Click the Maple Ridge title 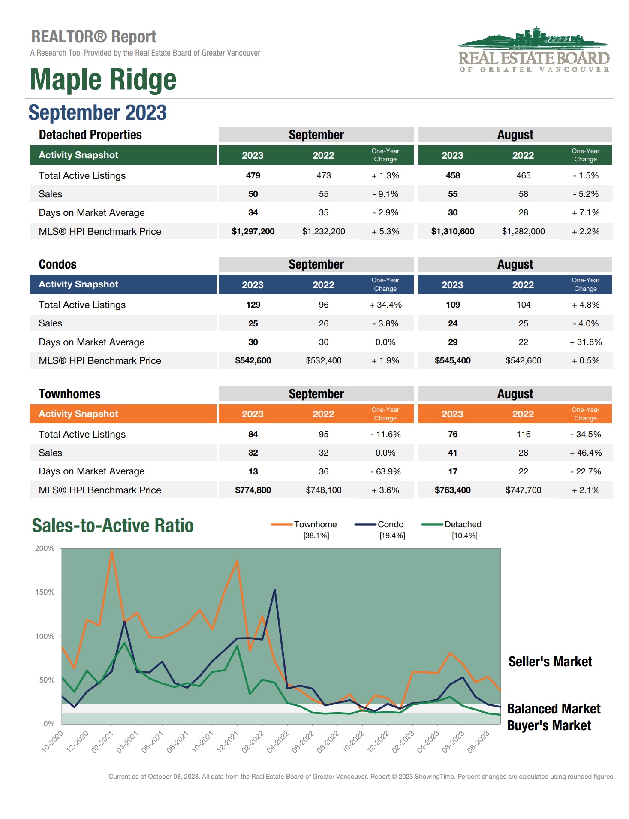click(103, 80)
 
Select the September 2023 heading click(97, 112)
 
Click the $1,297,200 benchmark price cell click(253, 231)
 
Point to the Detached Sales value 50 click(253, 194)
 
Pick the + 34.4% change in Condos click(385, 305)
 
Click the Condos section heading click(57, 264)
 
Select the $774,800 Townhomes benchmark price click(253, 490)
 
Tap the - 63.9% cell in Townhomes click(385, 471)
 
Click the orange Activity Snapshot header click(123, 414)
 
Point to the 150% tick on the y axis click(45, 592)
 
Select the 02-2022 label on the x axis click(253, 742)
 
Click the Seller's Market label click(550, 662)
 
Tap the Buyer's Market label click(549, 725)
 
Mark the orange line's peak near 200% click(112, 551)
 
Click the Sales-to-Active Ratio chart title click(113, 526)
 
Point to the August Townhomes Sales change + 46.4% click(585, 453)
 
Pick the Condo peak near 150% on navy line click(274, 590)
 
